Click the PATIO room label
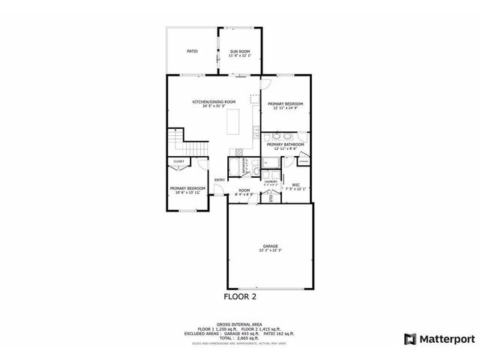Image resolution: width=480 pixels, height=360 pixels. pyautogui.click(x=192, y=51)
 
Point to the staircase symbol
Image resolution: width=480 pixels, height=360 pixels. pyautogui.click(x=176, y=142)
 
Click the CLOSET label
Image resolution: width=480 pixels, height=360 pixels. pyautogui.click(x=179, y=161)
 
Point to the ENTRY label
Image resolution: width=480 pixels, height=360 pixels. pyautogui.click(x=219, y=179)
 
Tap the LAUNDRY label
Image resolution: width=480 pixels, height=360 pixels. pyautogui.click(x=271, y=182)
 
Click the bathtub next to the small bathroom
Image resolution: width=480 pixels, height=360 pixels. pyautogui.click(x=234, y=165)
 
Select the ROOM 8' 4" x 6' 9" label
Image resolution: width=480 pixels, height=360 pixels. pyautogui.click(x=244, y=192)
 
